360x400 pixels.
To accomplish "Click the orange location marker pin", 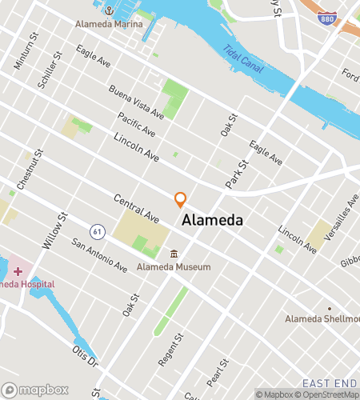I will pos(181,198).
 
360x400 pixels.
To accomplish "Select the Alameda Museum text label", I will pos(174,266).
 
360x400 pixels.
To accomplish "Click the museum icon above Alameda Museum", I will pos(174,254).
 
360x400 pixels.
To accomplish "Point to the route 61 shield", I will pos(97,230).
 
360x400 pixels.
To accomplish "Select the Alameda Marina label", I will pos(109,25).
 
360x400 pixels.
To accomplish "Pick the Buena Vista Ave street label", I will pos(137,102).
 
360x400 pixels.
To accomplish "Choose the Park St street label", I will pos(237,172).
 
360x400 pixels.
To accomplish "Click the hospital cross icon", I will pos(18,272).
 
